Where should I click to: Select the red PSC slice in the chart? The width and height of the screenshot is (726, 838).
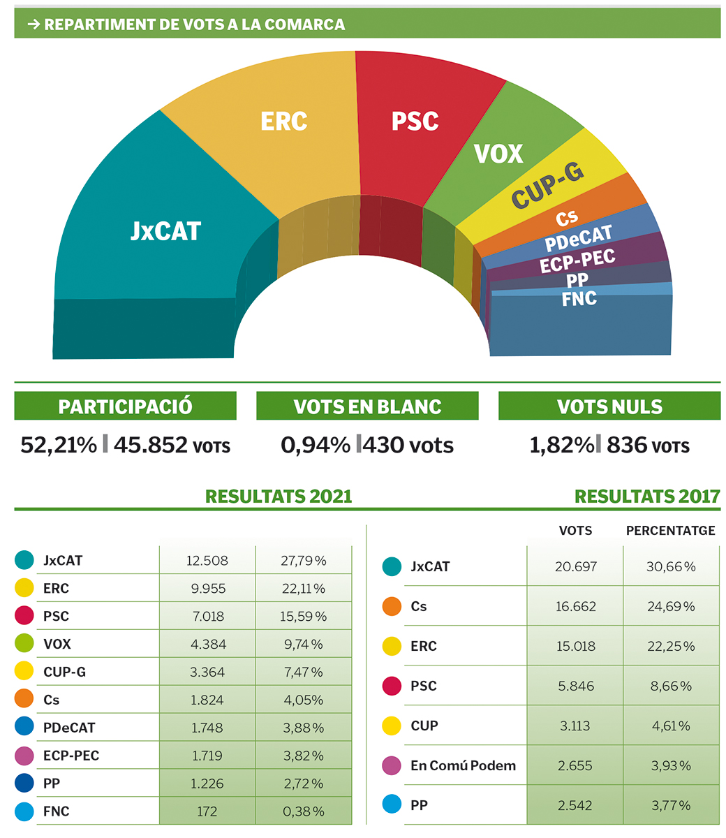click(415, 122)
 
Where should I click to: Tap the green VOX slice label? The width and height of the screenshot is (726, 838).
click(498, 154)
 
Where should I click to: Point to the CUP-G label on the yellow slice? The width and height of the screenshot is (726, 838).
click(548, 186)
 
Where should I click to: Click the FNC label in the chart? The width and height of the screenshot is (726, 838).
click(579, 299)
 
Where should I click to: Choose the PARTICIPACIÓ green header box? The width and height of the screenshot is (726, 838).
click(126, 406)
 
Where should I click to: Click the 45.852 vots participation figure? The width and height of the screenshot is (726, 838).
click(172, 445)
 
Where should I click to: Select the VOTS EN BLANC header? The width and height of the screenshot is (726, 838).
click(367, 406)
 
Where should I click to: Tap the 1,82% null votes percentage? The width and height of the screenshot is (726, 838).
click(561, 445)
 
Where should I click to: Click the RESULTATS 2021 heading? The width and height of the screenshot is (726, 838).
click(279, 497)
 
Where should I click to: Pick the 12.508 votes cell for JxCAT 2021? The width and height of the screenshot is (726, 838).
click(207, 561)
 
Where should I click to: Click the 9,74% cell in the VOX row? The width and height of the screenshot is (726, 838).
click(304, 644)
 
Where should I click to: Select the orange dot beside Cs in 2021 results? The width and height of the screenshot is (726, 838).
click(24, 699)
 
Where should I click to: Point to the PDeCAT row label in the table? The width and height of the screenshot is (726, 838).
click(69, 728)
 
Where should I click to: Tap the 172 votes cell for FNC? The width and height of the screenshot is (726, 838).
click(207, 811)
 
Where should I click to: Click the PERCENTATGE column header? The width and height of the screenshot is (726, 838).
click(670, 531)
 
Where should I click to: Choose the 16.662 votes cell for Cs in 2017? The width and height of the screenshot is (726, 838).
click(576, 606)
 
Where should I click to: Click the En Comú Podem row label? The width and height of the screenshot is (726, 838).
click(463, 765)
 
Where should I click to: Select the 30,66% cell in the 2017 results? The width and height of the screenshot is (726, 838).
click(671, 566)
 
